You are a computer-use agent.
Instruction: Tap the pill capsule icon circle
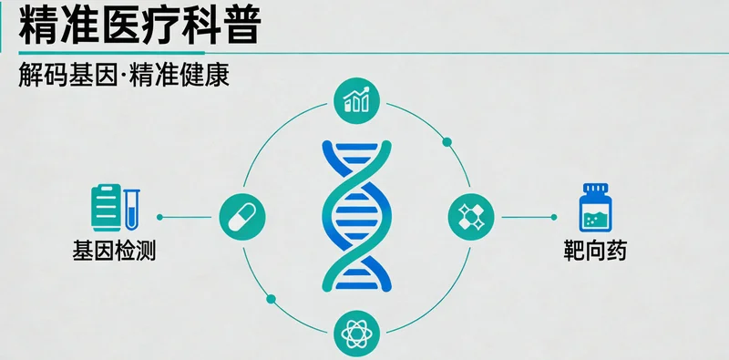[241, 217]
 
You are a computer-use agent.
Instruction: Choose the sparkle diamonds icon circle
[471, 217]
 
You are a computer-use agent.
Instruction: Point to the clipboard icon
[105, 206]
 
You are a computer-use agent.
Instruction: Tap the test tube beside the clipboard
[132, 206]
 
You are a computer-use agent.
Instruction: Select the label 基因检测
[114, 250]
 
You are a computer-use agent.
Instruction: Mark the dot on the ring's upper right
[447, 141]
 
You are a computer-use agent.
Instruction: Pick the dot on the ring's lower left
[269, 297]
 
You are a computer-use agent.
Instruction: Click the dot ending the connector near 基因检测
[160, 217]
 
